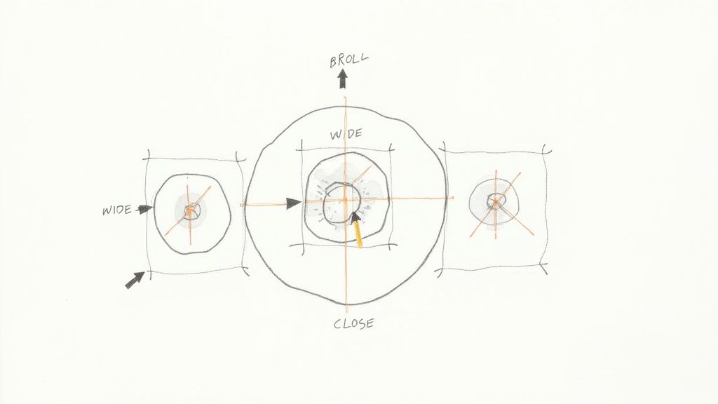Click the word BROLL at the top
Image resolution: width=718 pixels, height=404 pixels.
point(348,60)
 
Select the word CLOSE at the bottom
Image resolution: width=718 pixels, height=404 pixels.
point(353,323)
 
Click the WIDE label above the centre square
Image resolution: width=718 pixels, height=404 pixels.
point(347,133)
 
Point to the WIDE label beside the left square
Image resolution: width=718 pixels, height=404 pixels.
point(116,210)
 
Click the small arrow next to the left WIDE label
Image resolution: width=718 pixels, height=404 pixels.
point(145,208)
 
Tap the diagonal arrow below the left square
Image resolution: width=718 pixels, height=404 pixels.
point(134,279)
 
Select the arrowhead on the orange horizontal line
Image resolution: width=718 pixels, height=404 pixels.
point(294,203)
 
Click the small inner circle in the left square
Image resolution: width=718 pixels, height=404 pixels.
point(190,210)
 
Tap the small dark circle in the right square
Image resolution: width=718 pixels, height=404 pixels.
point(496,200)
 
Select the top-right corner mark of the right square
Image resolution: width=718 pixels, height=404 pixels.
point(546,149)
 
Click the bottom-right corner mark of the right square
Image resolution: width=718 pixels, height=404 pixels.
point(544,265)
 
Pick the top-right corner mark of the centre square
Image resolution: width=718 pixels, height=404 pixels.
point(390,149)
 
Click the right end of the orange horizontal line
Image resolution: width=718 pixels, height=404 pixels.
point(452,198)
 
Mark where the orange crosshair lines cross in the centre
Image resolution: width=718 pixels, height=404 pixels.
point(346,201)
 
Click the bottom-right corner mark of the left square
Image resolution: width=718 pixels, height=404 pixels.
point(243,270)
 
